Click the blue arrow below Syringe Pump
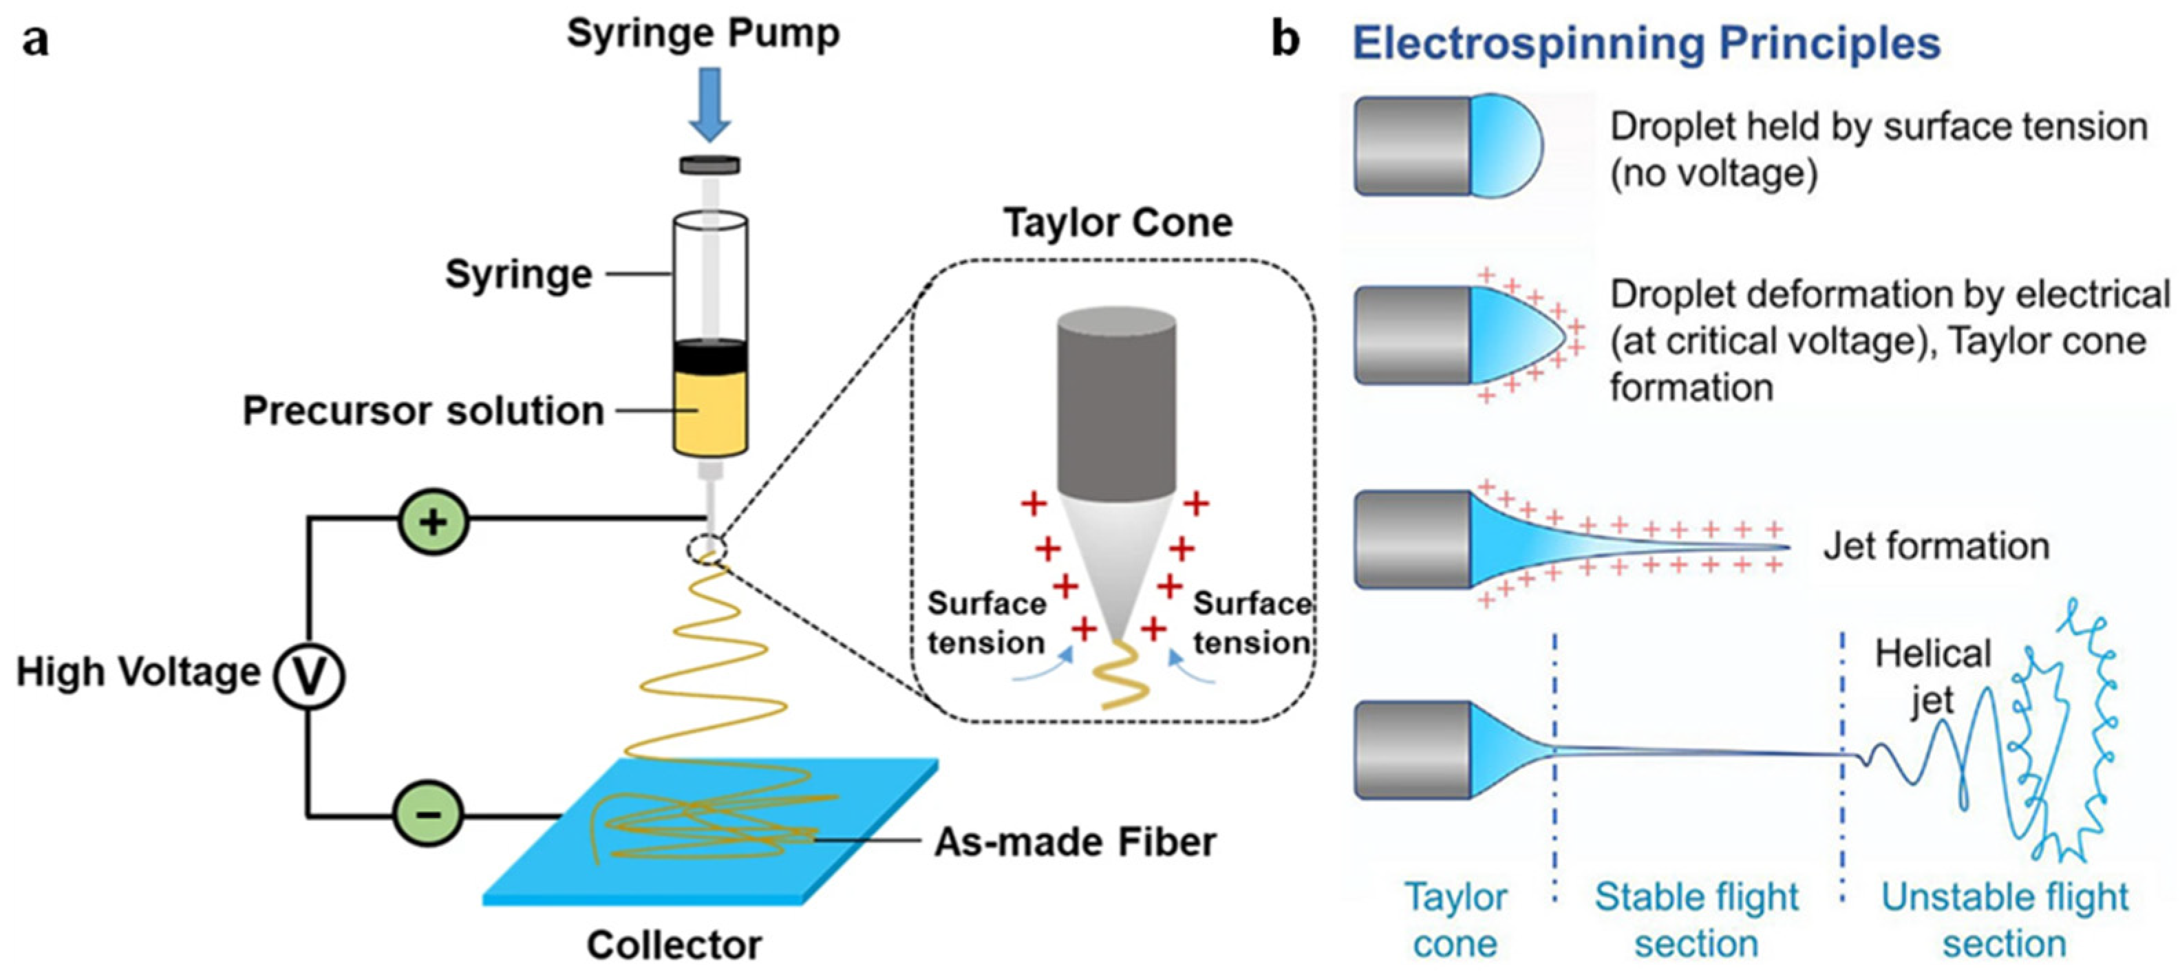point(709,104)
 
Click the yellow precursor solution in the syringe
point(710,413)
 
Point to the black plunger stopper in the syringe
point(710,356)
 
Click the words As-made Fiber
point(1075,842)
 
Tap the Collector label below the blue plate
point(674,945)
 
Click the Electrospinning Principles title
point(1646,43)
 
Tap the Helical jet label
point(1933,677)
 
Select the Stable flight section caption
point(1697,920)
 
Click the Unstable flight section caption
point(2004,920)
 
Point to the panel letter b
point(1285,40)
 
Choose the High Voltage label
point(138,673)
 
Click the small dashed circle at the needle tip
point(707,550)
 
